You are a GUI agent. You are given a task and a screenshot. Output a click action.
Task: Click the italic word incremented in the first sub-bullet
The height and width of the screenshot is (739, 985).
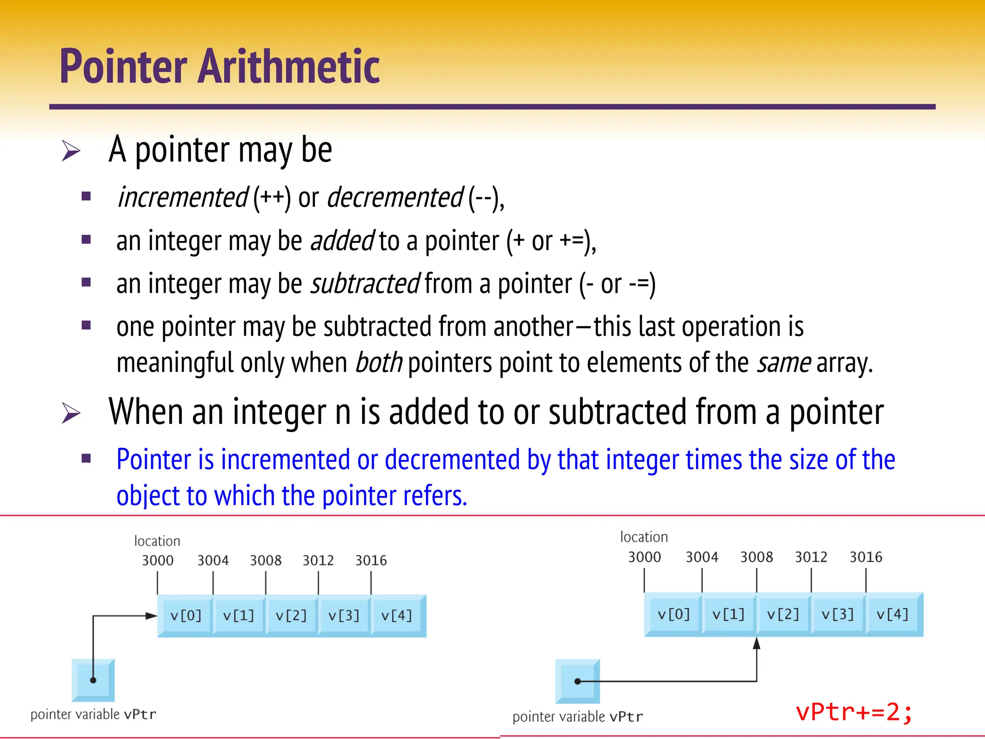(x=183, y=198)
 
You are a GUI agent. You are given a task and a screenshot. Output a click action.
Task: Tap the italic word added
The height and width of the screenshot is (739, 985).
(x=342, y=241)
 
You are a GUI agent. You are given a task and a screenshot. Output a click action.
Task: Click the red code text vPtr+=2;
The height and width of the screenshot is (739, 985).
(x=854, y=712)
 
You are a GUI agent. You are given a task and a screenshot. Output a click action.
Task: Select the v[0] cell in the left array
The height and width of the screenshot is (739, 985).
(x=186, y=615)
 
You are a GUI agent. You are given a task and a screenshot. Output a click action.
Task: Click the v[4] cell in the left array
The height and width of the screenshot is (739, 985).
(x=396, y=615)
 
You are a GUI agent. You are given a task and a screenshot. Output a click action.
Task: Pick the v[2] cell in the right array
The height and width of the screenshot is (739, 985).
(x=783, y=614)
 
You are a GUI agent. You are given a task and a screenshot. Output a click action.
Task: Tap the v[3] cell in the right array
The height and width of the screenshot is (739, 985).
(x=837, y=614)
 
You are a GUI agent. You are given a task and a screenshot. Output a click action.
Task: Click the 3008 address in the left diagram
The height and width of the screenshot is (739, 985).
(x=265, y=561)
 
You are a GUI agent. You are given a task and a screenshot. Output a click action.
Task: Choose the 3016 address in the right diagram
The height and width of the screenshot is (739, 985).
(x=866, y=557)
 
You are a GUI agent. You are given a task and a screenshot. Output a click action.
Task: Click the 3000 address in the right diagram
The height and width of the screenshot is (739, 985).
(x=644, y=557)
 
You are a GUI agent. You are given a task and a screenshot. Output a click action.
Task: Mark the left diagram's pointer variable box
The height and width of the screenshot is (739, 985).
(x=93, y=680)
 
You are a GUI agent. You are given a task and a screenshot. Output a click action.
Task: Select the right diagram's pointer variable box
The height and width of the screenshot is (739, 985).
(x=578, y=681)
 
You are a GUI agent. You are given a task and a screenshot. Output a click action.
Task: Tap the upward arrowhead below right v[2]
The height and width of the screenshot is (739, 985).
(x=757, y=644)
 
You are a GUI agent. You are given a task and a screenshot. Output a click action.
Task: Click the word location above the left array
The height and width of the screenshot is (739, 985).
(x=157, y=541)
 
